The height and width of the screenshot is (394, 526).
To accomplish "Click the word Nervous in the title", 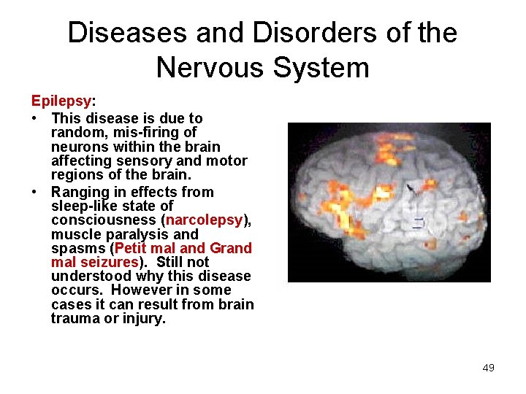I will point(211,68).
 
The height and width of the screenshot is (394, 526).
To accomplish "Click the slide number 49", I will point(488,368).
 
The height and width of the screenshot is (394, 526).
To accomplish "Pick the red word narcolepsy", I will point(204,220).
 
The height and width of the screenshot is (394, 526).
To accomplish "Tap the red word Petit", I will point(132,248).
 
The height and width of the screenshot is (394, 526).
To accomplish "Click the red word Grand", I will point(230,248).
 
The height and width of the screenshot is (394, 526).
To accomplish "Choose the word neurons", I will point(77,147).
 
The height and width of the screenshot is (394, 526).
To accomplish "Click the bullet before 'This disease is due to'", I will point(35,118).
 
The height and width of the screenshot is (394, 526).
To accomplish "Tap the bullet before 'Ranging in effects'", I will point(35,193).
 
